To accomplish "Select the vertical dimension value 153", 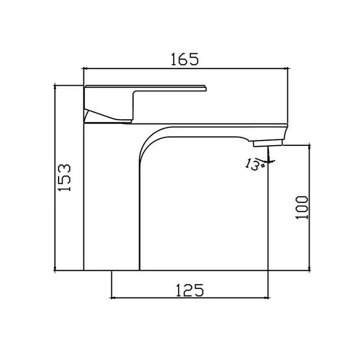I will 64,178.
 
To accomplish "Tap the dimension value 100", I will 302,207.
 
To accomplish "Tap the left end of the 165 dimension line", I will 84,68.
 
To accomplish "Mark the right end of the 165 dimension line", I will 287,68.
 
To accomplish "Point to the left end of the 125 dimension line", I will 112,298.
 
